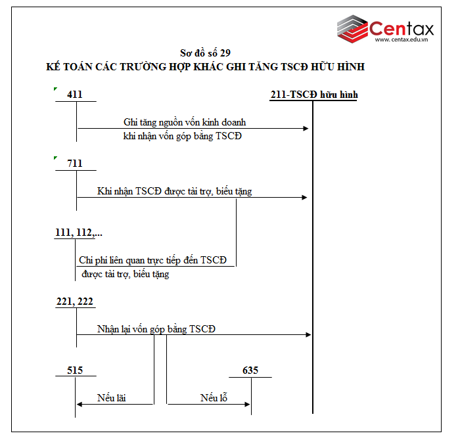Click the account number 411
pyautogui.click(x=74, y=95)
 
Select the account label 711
pyautogui.click(x=74, y=164)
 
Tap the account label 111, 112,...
pyautogui.click(x=79, y=233)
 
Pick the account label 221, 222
pyautogui.click(x=74, y=301)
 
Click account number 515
pyautogui.click(x=75, y=370)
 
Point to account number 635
pyautogui.click(x=250, y=370)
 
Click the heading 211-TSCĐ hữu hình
pyautogui.click(x=314, y=95)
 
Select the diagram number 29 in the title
pyautogui.click(x=225, y=53)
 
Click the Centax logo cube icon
pyautogui.click(x=353, y=29)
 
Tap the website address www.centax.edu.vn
pyautogui.click(x=401, y=39)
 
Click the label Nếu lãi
pyautogui.click(x=112, y=398)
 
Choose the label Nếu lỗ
pyautogui.click(x=214, y=397)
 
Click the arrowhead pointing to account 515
pyautogui.click(x=80, y=405)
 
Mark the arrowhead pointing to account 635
pyautogui.click(x=247, y=405)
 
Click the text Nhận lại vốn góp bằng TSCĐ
pyautogui.click(x=156, y=329)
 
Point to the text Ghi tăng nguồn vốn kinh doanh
pyautogui.click(x=185, y=122)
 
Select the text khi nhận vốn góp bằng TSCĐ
pyautogui.click(x=183, y=136)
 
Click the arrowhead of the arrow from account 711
pyautogui.click(x=304, y=197)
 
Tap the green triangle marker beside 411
pyautogui.click(x=55, y=89)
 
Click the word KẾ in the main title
pyautogui.click(x=53, y=67)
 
